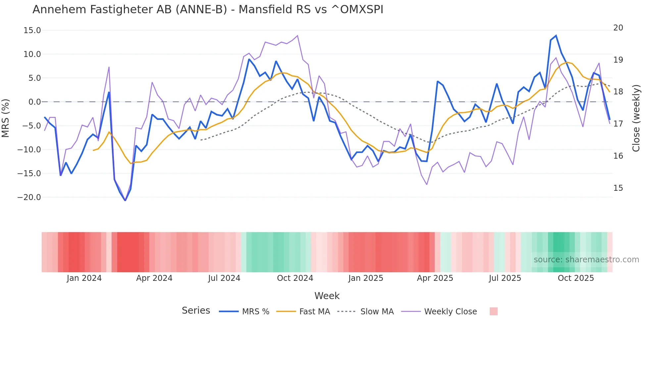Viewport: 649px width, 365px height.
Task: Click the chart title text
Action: pyautogui.click(x=208, y=10)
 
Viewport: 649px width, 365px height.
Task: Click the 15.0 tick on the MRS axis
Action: pyautogui.click(x=32, y=30)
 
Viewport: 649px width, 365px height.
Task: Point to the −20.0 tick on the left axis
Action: pyautogui.click(x=29, y=197)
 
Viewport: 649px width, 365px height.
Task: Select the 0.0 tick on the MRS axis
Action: pyautogui.click(x=34, y=102)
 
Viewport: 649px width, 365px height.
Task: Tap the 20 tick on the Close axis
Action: pyautogui.click(x=618, y=28)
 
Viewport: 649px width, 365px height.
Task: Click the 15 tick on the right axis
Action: pyautogui.click(x=618, y=188)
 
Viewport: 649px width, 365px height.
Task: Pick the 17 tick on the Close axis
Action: pyautogui.click(x=618, y=124)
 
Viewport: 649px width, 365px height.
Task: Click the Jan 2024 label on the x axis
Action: pyautogui.click(x=84, y=278)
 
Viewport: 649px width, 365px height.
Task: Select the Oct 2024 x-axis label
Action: pyautogui.click(x=295, y=278)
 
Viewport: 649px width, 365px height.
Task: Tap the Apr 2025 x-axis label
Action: pyautogui.click(x=435, y=278)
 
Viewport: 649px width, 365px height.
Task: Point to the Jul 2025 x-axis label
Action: pyautogui.click(x=505, y=278)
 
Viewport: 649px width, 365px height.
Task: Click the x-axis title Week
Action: pyautogui.click(x=327, y=296)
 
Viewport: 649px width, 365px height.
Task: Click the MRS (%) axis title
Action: pyautogui.click(x=6, y=118)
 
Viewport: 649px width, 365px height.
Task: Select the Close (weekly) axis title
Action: pyautogui.click(x=636, y=118)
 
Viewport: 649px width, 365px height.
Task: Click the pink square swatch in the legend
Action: pyautogui.click(x=493, y=311)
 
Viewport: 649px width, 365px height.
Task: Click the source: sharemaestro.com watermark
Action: pyautogui.click(x=586, y=260)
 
